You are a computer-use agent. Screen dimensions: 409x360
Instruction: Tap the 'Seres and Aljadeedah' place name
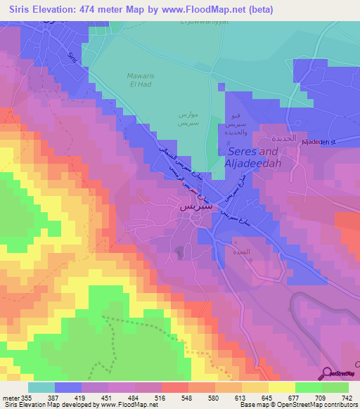point(251,157)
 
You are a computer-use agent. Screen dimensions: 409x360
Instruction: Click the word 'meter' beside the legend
point(9,398)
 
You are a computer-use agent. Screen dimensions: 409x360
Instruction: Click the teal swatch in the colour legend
point(41,387)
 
